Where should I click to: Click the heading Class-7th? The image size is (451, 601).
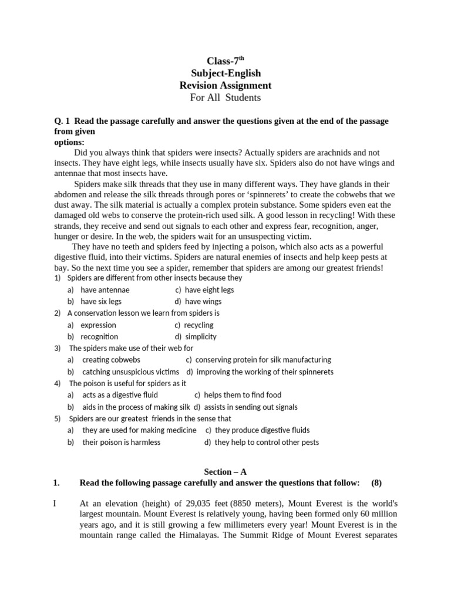225,61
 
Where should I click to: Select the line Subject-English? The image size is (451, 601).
225,73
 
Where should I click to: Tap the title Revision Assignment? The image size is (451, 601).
225,86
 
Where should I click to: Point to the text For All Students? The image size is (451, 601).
225,98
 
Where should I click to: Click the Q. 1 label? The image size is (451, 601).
62,121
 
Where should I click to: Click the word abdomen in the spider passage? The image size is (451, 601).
70,195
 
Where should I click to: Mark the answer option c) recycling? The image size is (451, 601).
194,325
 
